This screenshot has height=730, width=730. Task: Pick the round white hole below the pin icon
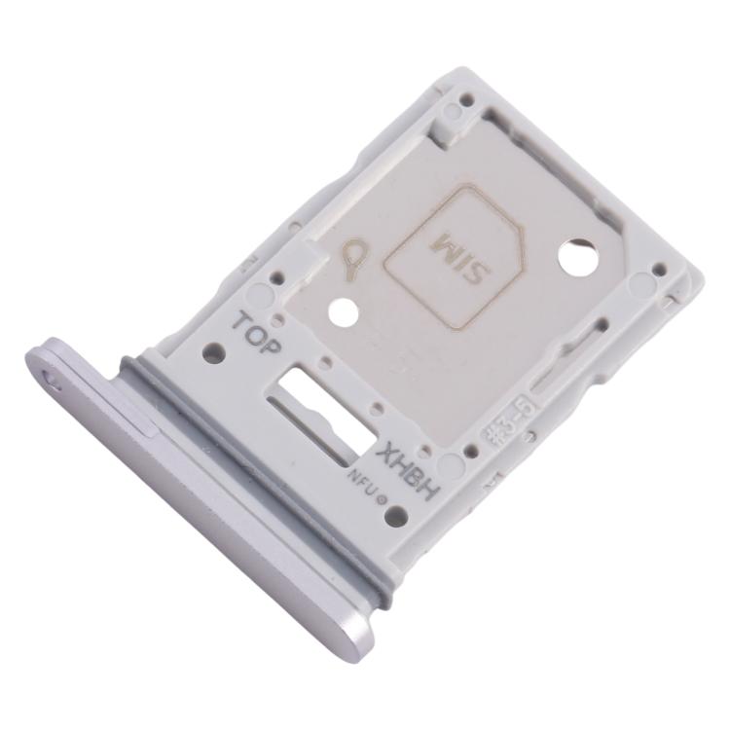click(342, 313)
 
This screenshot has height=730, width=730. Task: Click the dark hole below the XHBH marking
click(394, 517)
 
